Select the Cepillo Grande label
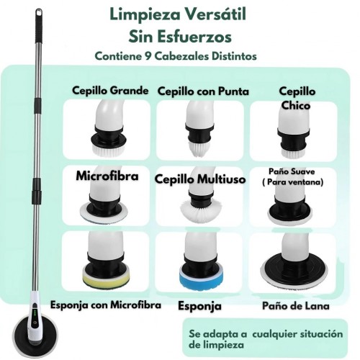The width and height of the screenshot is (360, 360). click(110, 91)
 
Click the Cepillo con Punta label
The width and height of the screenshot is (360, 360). click(203, 91)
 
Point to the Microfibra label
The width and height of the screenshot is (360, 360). click(107, 176)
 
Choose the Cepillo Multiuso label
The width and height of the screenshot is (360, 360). click(200, 179)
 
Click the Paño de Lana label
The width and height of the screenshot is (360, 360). click(296, 306)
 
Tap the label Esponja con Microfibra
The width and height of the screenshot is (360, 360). click(106, 305)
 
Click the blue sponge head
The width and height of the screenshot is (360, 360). click(200, 279)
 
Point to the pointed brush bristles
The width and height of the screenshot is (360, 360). click(199, 149)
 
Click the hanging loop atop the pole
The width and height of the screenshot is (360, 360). click(39, 13)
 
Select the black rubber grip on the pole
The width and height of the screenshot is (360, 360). click(39, 30)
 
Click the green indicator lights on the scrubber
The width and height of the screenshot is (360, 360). click(35, 312)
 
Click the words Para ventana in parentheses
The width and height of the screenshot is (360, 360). click(295, 182)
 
